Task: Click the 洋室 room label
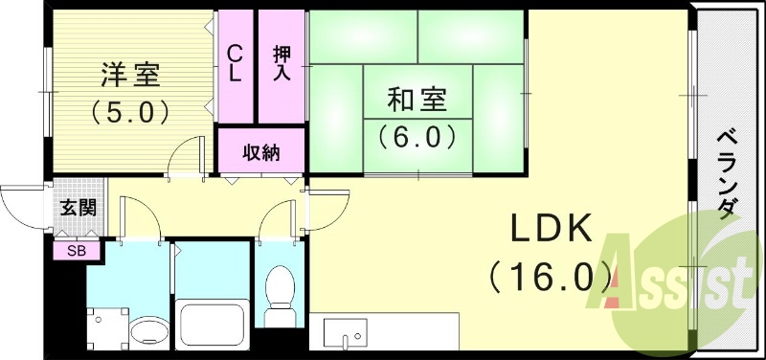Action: click(x=130, y=74)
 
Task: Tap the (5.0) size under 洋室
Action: click(x=130, y=111)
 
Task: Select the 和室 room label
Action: click(x=417, y=100)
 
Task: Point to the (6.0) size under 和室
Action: click(x=417, y=137)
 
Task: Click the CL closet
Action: click(x=235, y=65)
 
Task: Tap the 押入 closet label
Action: click(x=282, y=65)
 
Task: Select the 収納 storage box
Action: click(x=260, y=151)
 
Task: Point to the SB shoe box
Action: click(x=74, y=251)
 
